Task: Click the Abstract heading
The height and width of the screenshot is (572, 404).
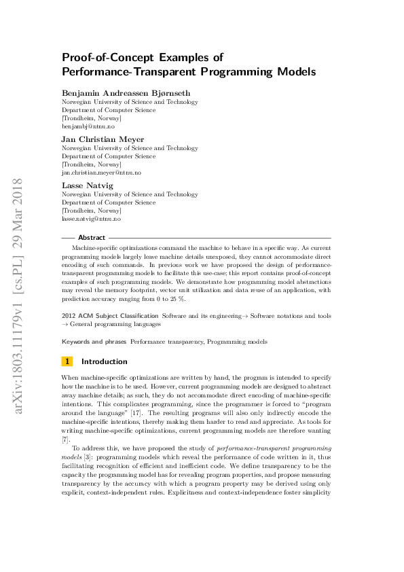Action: tap(92, 238)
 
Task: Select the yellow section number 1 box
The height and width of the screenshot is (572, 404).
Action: tap(67, 361)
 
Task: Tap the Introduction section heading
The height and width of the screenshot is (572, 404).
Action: tap(104, 361)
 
